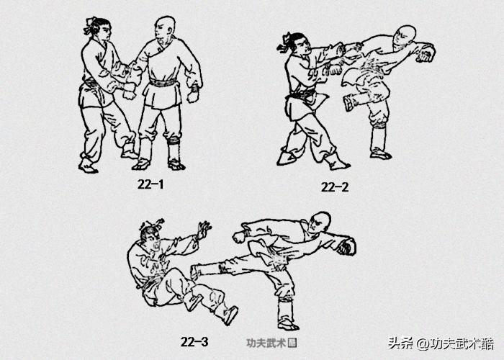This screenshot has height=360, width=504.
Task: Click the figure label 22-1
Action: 151,184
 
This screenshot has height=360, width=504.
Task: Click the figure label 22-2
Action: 335,187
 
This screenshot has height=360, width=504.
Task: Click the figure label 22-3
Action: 194,341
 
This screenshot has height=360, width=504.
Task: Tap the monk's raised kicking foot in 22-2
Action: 349,103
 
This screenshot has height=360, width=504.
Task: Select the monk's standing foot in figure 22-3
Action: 287,323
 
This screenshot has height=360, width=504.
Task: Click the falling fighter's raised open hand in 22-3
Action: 203,230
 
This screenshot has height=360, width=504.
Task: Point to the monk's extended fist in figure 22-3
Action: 346,247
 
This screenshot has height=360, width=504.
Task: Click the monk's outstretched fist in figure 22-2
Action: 426,53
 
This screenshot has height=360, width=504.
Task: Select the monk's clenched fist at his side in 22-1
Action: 193,94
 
